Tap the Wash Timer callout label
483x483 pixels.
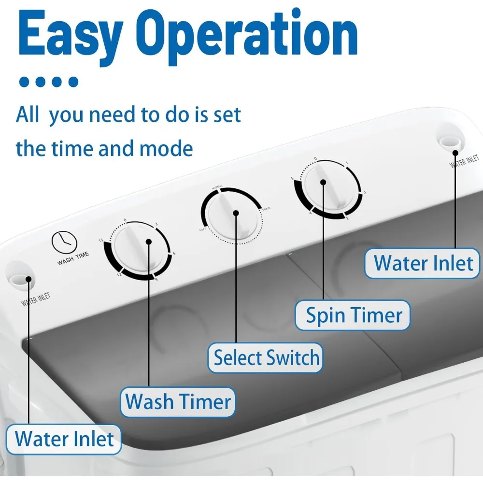[178, 402]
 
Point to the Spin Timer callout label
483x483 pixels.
[354, 315]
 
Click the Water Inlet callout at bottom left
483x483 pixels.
[64, 439]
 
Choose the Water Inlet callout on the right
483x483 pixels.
[423, 263]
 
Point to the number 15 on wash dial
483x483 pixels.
[100, 241]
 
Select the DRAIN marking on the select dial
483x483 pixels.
[266, 209]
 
